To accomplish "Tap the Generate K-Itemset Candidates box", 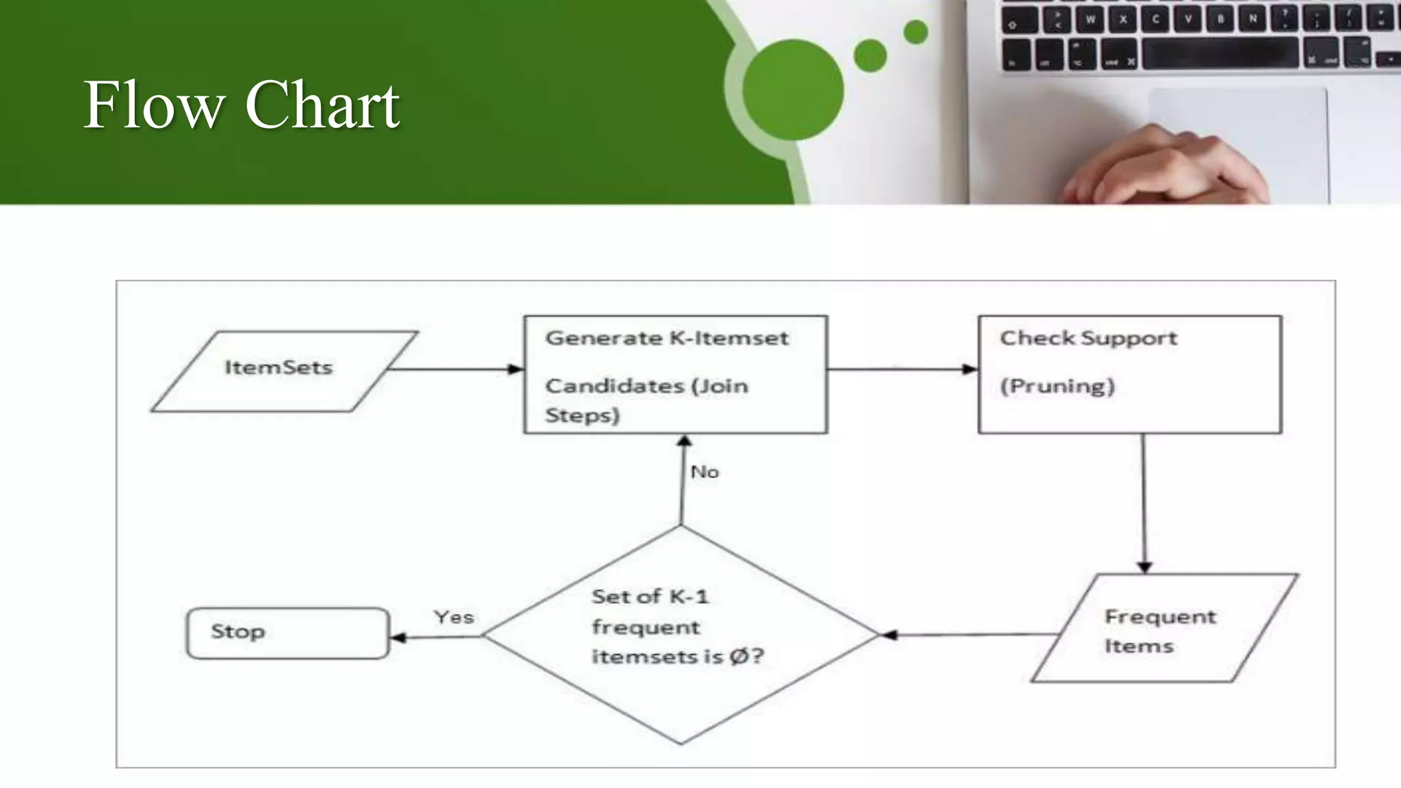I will pyautogui.click(x=675, y=374).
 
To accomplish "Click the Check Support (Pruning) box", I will pyautogui.click(x=1129, y=374).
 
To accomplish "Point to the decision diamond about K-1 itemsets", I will pyautogui.click(x=680, y=634).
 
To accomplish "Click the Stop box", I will pyautogui.click(x=288, y=633).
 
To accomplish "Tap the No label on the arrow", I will pyautogui.click(x=705, y=472).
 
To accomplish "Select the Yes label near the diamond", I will pyautogui.click(x=454, y=617).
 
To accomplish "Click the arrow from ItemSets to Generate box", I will pyautogui.click(x=455, y=369).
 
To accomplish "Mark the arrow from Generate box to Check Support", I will pyautogui.click(x=902, y=369).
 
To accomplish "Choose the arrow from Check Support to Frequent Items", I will pyautogui.click(x=1144, y=503).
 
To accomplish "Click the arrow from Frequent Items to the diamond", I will pyautogui.click(x=968, y=635).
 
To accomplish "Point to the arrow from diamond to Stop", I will pyautogui.click(x=436, y=637).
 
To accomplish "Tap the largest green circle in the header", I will pyautogui.click(x=793, y=90).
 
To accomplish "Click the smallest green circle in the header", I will pyautogui.click(x=915, y=32).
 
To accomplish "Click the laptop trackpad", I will pyautogui.click(x=1238, y=137).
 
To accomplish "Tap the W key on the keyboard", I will pyautogui.click(x=1090, y=19).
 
